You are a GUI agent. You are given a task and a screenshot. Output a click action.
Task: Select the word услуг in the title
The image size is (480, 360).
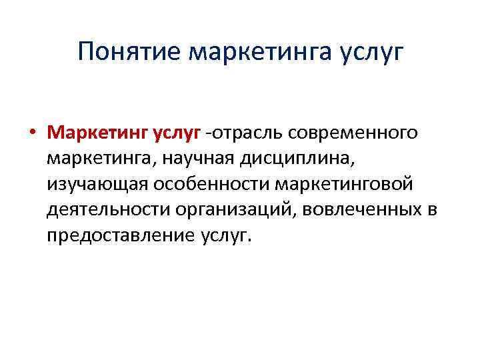[x=372, y=51]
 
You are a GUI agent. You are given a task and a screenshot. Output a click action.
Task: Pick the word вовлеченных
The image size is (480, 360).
[x=360, y=211]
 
